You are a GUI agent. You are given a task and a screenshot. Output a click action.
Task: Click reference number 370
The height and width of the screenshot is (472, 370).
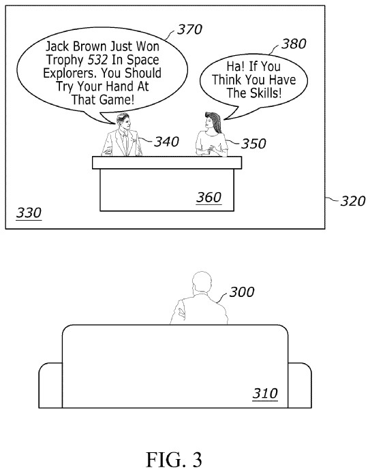coord(189,29)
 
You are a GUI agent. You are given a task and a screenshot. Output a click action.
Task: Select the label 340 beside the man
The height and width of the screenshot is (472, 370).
coord(166,142)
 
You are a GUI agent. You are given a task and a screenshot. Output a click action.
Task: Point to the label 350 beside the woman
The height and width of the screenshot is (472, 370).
coord(253,144)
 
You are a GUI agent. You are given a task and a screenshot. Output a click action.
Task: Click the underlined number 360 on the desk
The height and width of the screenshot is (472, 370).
coord(209,198)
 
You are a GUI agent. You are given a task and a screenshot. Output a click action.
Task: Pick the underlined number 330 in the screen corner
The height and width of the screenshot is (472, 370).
coord(28,213)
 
